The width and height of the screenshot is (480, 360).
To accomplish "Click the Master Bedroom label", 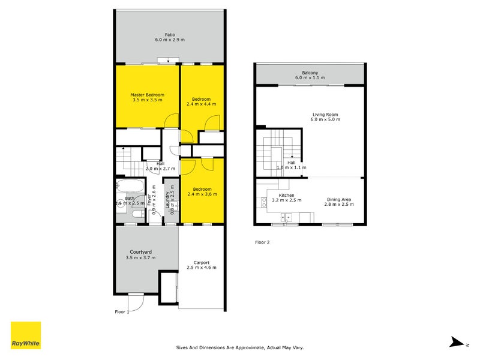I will [x=147, y=95].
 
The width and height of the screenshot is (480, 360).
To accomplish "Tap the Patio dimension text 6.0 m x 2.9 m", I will [x=170, y=40].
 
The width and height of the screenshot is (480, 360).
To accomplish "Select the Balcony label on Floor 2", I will [x=310, y=73].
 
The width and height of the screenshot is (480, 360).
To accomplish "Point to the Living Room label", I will [x=325, y=114].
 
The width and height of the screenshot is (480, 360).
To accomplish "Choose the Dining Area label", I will [x=340, y=199].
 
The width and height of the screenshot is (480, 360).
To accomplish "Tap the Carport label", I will [x=201, y=262].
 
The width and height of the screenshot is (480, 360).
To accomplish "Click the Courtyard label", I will [x=140, y=252].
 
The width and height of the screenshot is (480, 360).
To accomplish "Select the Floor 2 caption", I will [x=263, y=242].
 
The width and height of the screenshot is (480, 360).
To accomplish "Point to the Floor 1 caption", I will [x=122, y=312].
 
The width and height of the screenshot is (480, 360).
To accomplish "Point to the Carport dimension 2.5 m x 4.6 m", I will [x=201, y=268].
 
